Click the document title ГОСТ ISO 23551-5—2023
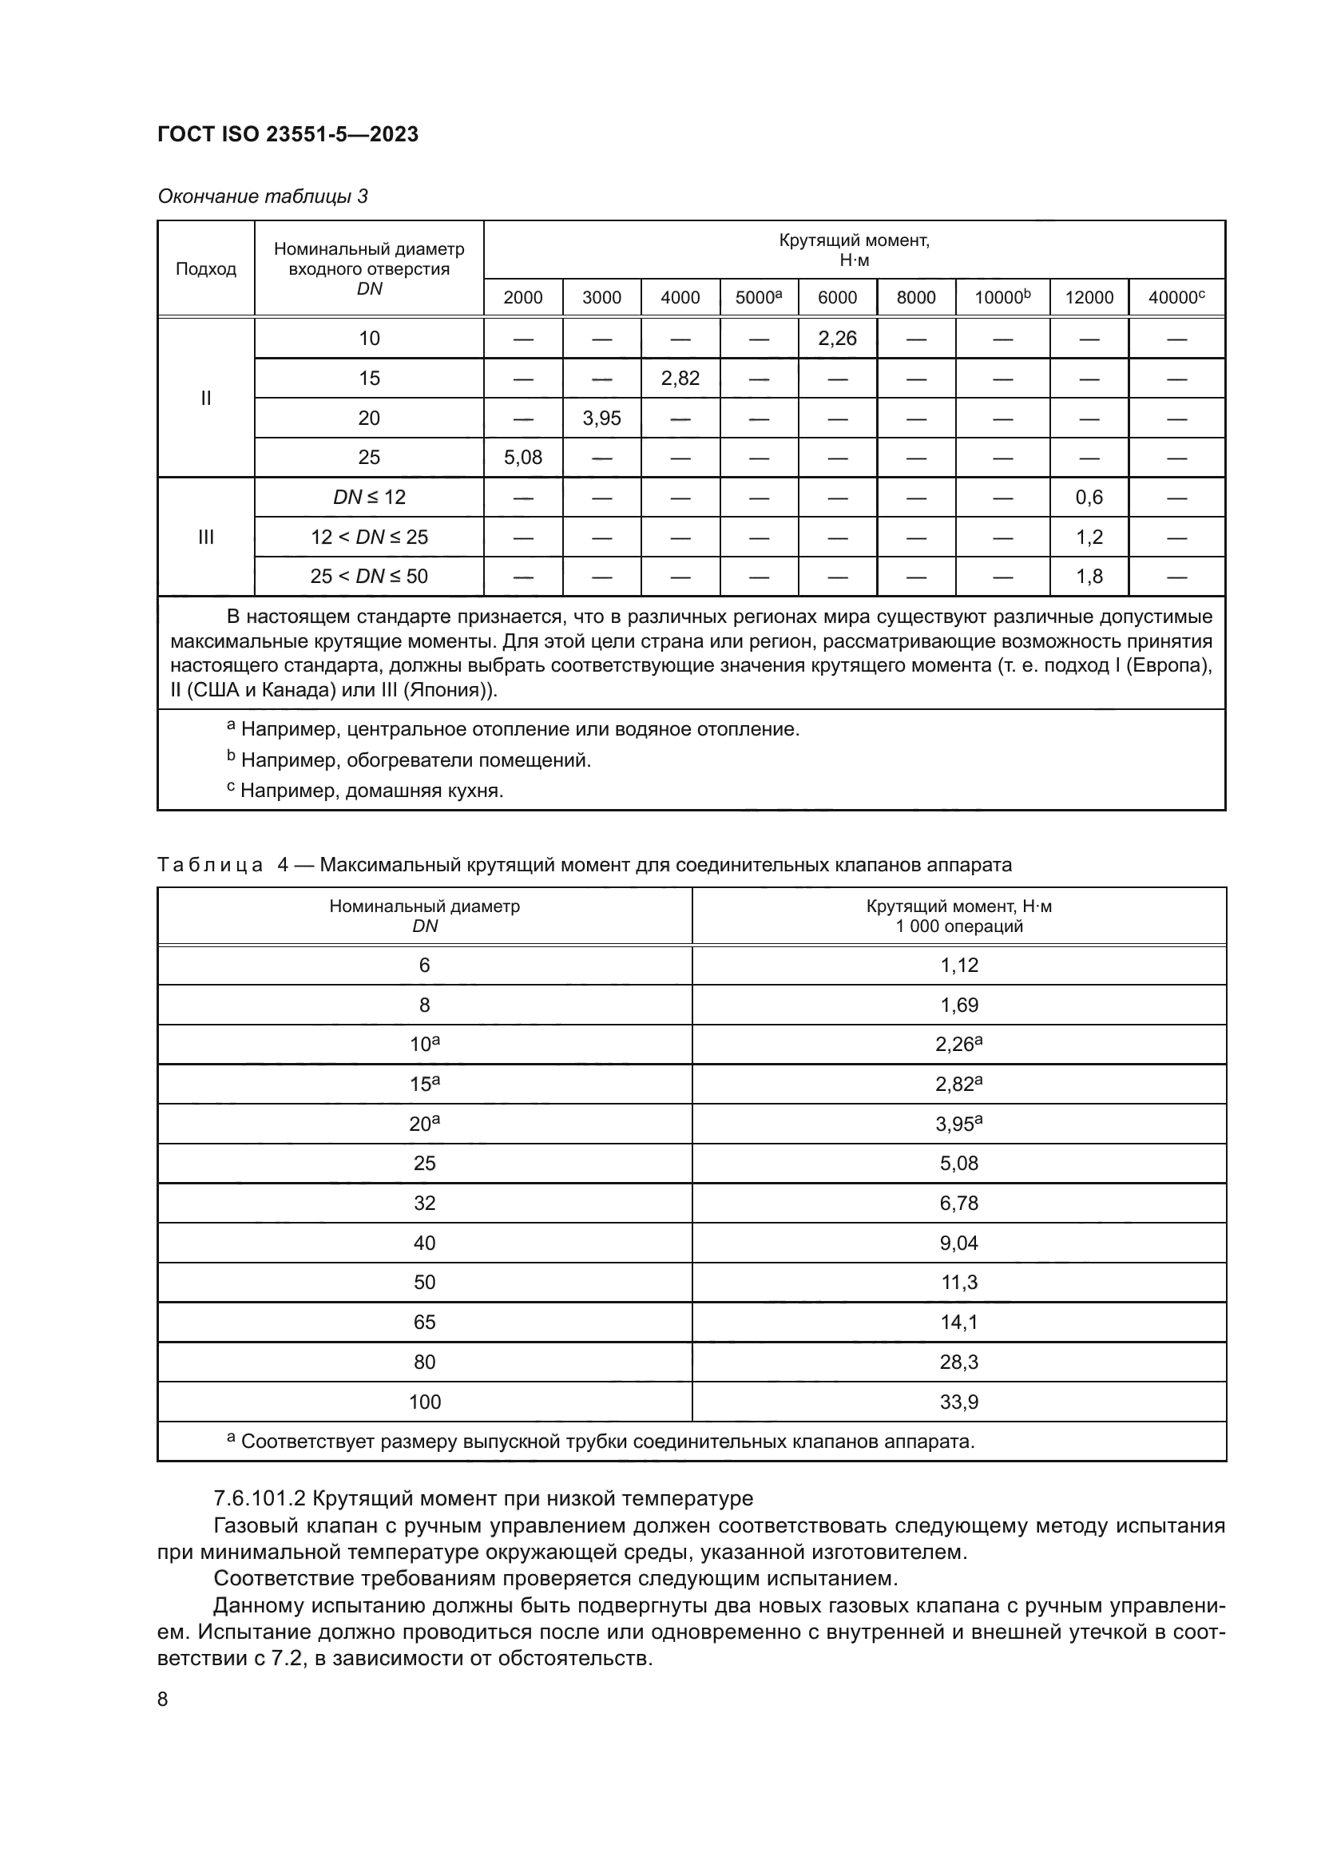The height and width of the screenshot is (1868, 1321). click(x=288, y=134)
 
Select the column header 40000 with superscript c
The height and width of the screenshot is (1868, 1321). click(x=1176, y=298)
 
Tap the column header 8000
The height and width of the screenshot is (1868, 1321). click(x=916, y=298)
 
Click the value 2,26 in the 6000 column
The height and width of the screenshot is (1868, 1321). click(x=837, y=339)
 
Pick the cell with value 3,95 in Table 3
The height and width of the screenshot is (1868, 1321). click(x=602, y=418)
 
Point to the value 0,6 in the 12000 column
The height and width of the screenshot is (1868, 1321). click(x=1089, y=497)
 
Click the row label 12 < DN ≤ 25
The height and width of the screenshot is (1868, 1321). click(x=368, y=537)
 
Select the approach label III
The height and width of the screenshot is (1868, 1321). click(x=206, y=537)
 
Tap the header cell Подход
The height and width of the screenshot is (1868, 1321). click(x=206, y=269)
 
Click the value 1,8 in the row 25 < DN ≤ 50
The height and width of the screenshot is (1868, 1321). click(x=1089, y=577)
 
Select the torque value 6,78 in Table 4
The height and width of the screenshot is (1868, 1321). click(x=959, y=1203)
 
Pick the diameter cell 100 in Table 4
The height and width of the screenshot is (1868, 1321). click(x=425, y=1402)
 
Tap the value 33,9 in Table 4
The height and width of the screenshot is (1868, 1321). click(x=959, y=1402)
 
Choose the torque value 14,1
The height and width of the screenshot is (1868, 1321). click(x=959, y=1322)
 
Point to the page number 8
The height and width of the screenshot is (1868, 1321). click(x=163, y=1699)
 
